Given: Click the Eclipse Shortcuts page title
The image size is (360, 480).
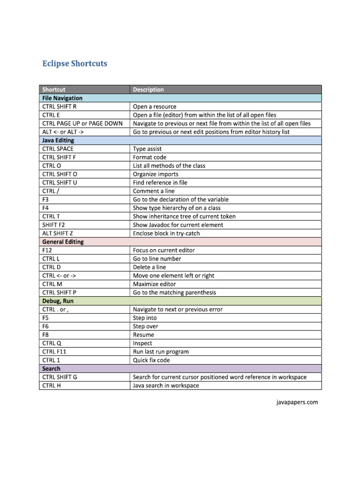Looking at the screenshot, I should pyautogui.click(x=75, y=63).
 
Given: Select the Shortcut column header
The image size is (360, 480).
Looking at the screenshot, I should pyautogui.click(x=54, y=90).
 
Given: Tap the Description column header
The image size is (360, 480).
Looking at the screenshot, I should pyautogui.click(x=149, y=90).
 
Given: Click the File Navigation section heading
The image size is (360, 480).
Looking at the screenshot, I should pyautogui.click(x=62, y=98).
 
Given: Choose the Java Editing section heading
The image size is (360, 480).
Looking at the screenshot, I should pyautogui.click(x=58, y=140).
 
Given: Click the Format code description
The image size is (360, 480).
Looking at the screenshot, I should pyautogui.click(x=150, y=157).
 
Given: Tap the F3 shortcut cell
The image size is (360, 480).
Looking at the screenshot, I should pyautogui.click(x=45, y=199).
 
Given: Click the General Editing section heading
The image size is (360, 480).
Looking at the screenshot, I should pyautogui.click(x=63, y=242).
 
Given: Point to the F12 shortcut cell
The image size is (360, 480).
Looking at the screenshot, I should pyautogui.click(x=47, y=250).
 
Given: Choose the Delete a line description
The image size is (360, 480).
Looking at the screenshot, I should pyautogui.click(x=150, y=267).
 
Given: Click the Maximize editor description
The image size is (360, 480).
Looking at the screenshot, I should pyautogui.click(x=155, y=284).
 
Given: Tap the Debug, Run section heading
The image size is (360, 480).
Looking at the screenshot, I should pyautogui.click(x=58, y=301).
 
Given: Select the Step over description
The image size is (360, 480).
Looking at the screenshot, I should pyautogui.click(x=146, y=326).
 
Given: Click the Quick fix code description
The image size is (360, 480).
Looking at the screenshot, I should pyautogui.click(x=151, y=360).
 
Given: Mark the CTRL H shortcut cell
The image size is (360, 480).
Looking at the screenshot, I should pyautogui.click(x=52, y=385).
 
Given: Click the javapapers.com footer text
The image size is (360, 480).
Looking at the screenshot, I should pyautogui.click(x=296, y=402).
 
